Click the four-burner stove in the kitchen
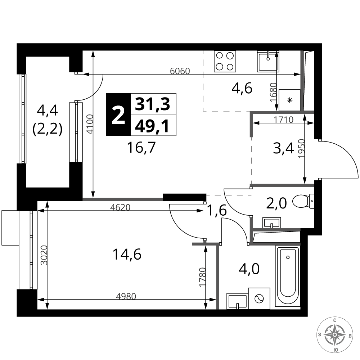click(x=225, y=61)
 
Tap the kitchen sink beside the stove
click(x=268, y=61)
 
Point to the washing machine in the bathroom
click(x=259, y=298)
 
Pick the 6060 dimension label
click(x=180, y=71)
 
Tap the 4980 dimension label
click(x=126, y=296)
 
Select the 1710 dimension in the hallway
click(x=283, y=120)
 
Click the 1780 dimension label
click(x=202, y=277)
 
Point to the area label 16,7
click(x=141, y=147)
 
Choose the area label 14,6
click(x=127, y=255)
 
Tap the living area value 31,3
click(x=152, y=104)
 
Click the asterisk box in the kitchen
click(x=289, y=100)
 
